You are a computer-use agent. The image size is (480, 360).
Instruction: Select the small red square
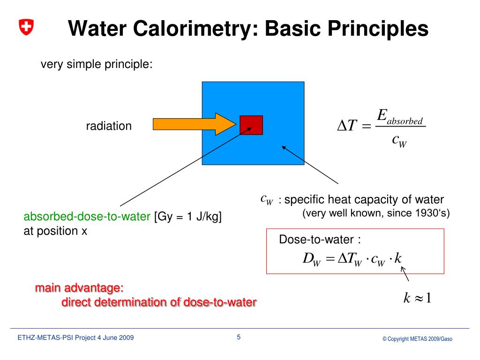point(251,125)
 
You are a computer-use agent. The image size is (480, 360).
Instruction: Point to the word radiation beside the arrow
point(109,126)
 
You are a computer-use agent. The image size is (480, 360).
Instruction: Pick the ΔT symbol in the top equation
point(347,126)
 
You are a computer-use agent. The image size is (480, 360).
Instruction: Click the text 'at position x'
point(55,231)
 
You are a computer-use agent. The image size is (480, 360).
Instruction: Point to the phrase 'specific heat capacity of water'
point(364,200)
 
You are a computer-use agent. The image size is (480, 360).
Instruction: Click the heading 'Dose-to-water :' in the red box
point(320,240)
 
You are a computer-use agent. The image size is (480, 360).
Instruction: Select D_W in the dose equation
point(311,259)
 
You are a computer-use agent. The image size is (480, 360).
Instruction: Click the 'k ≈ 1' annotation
point(417,298)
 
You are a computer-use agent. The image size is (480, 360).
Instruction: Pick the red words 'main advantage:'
point(79,287)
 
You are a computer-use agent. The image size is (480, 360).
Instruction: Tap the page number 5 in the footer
point(239,337)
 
